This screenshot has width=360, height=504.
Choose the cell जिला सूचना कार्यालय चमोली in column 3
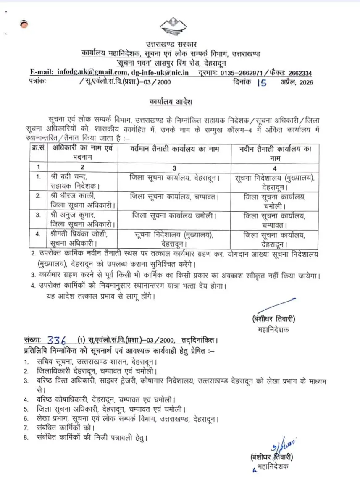point(174,215)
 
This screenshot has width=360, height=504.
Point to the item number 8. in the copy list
point(26,438)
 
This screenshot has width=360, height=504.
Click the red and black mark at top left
point(24,25)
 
